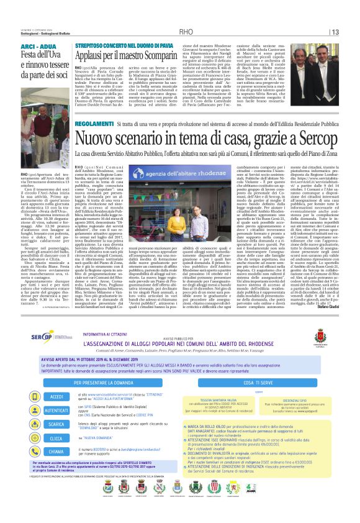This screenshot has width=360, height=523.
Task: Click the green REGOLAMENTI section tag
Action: coord(93,125)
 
